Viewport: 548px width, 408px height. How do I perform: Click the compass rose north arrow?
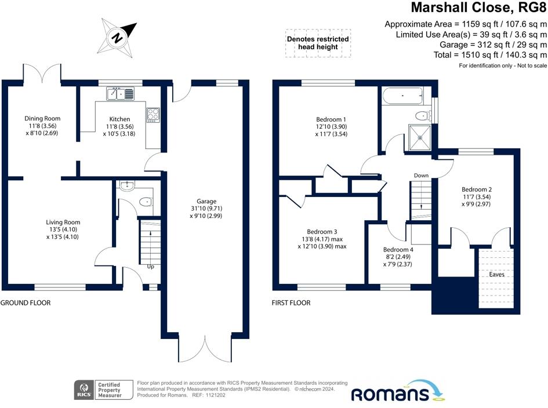(x=119, y=35)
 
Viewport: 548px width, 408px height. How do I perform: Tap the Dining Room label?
(x=42, y=118)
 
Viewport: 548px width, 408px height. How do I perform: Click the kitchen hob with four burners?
(x=153, y=115)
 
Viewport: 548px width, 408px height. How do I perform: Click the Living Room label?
(x=63, y=222)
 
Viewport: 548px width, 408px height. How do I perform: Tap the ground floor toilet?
(x=145, y=202)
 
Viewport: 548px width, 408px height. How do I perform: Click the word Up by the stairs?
(x=150, y=267)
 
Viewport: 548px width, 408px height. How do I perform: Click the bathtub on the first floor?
(x=402, y=95)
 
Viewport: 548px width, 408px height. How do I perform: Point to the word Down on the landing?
(x=421, y=175)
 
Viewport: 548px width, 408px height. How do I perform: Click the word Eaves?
(x=496, y=274)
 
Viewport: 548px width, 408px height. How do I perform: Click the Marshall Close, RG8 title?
(x=479, y=8)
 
